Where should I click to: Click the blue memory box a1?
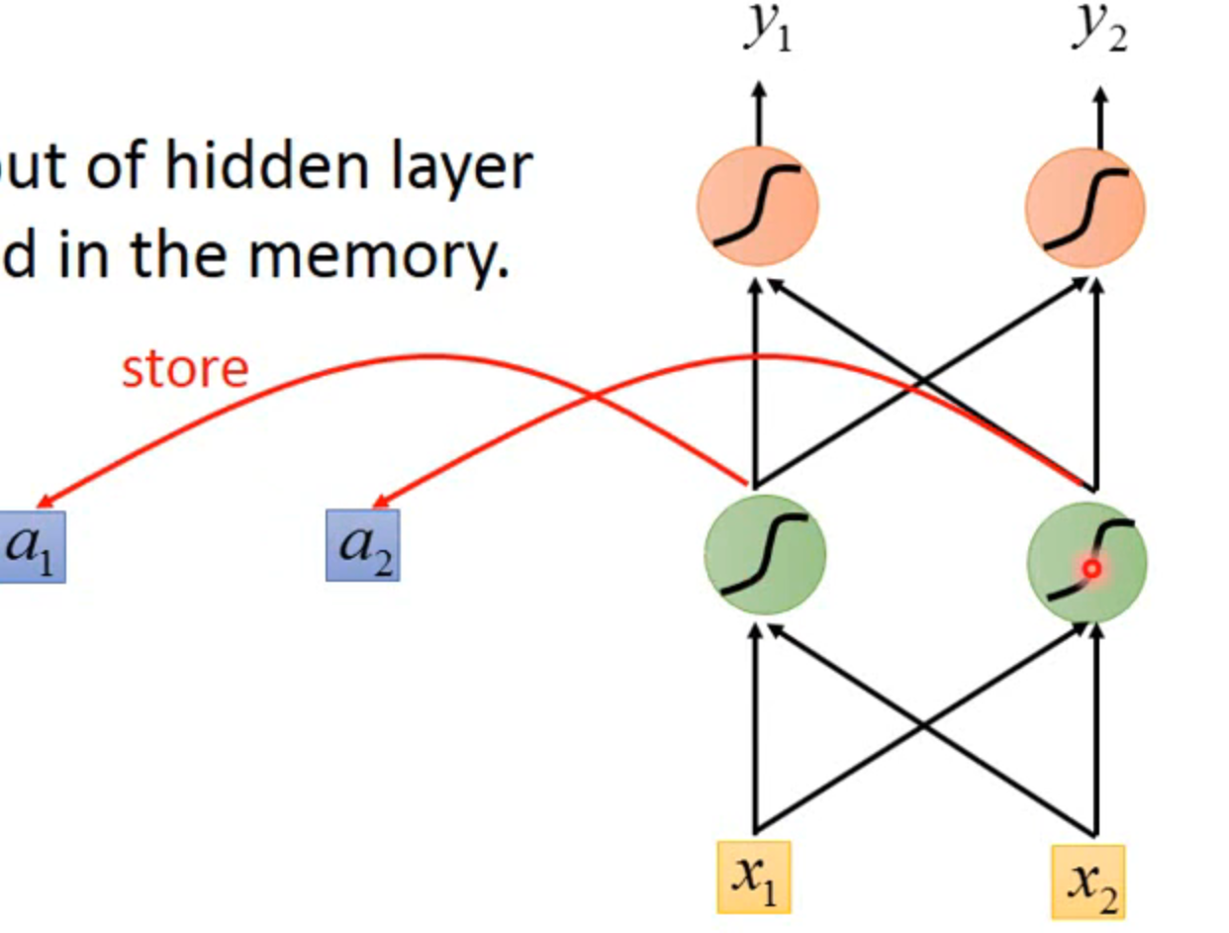pyautogui.click(x=30, y=546)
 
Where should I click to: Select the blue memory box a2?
pyautogui.click(x=363, y=545)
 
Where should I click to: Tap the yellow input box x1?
pyautogui.click(x=754, y=877)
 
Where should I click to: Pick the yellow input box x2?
pyautogui.click(x=1088, y=881)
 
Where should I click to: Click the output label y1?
pyautogui.click(x=768, y=30)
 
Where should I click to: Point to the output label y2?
pyautogui.click(x=1098, y=30)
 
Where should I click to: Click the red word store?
pyautogui.click(x=184, y=369)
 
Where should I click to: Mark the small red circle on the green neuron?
pyautogui.click(x=1091, y=569)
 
